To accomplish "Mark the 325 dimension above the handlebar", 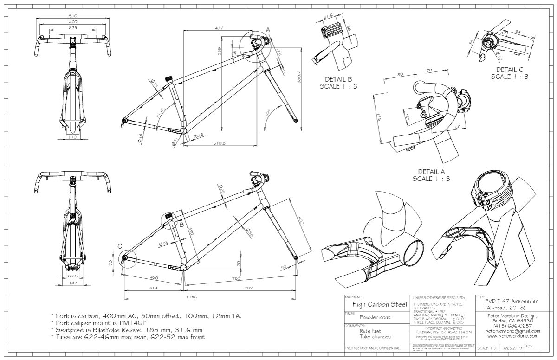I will (x=73, y=27).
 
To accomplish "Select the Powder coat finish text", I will (x=375, y=318).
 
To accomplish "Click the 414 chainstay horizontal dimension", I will (x=154, y=288).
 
